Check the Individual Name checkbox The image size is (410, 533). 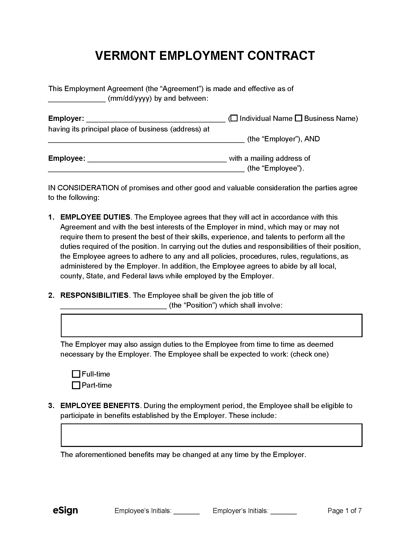pyautogui.click(x=234, y=118)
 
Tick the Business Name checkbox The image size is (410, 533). pyautogui.click(x=299, y=118)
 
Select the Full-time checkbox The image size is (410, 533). pyautogui.click(x=76, y=374)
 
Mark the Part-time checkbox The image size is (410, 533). pyautogui.click(x=76, y=385)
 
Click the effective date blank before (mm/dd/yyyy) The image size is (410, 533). pyautogui.click(x=77, y=99)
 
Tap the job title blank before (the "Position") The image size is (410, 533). pyautogui.click(x=113, y=306)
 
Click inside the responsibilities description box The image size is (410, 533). pyautogui.click(x=211, y=326)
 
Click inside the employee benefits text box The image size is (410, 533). pyautogui.click(x=211, y=435)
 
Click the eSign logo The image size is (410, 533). pyautogui.click(x=65, y=510)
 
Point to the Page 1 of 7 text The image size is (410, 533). pyautogui.click(x=345, y=511)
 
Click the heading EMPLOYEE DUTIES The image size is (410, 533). pyautogui.click(x=95, y=217)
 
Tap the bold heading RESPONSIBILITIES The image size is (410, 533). pyautogui.click(x=94, y=296)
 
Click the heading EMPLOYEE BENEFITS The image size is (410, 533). pyautogui.click(x=100, y=406)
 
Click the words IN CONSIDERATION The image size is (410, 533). pyautogui.click(x=83, y=188)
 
